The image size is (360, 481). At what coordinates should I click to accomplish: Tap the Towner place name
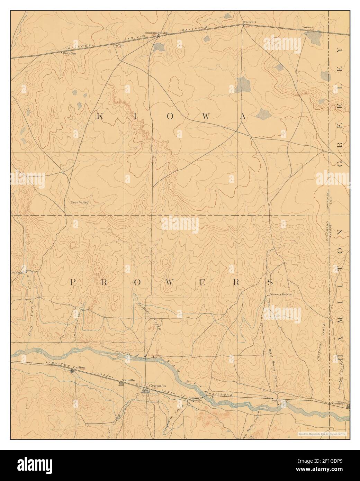click(x=307, y=27)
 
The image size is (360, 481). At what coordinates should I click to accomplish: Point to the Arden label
click(x=119, y=45)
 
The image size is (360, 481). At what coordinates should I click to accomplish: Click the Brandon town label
click(x=69, y=54)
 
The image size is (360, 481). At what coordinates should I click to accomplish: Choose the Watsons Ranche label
click(x=281, y=294)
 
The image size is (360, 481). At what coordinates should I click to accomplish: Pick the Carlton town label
click(x=79, y=367)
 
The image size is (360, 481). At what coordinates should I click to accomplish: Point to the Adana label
click(x=193, y=398)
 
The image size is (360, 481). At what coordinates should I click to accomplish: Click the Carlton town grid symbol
click(x=72, y=371)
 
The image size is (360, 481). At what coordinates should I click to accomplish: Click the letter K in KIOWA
click(x=99, y=117)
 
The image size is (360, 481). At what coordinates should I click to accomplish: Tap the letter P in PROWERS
click(x=73, y=282)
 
